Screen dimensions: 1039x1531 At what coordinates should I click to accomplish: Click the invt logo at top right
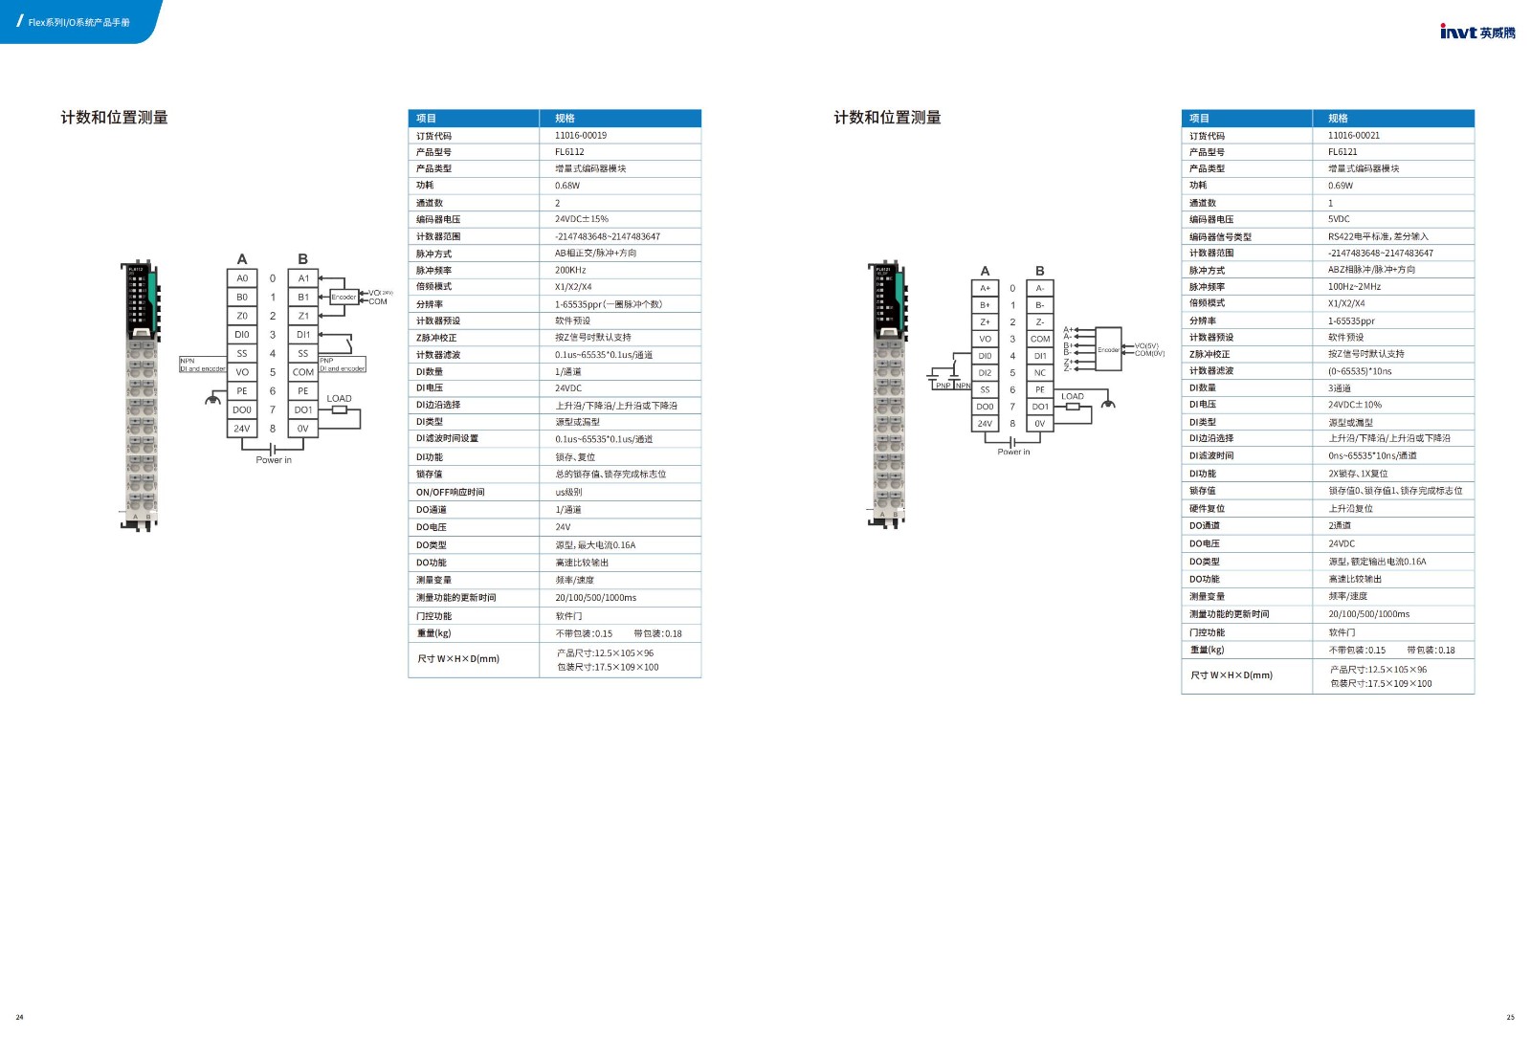[x=1476, y=32]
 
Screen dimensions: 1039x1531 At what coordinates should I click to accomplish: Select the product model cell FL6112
[x=569, y=152]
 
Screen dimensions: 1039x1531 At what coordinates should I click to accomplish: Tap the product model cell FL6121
[x=1342, y=152]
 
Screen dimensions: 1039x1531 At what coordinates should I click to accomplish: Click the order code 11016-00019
[x=580, y=136]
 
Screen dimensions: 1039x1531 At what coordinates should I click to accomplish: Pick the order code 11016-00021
[x=1353, y=136]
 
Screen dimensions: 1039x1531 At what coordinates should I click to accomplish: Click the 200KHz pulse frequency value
[x=570, y=271]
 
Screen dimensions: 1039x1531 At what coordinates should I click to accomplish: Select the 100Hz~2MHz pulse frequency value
[x=1354, y=287]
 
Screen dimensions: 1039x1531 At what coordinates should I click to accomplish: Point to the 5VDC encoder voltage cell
[x=1339, y=219]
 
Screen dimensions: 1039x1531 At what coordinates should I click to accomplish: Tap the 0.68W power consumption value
[x=567, y=186]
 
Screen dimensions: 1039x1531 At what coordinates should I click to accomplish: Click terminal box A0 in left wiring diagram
[x=242, y=278]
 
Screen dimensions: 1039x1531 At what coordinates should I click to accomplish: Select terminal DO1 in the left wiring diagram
[x=303, y=409]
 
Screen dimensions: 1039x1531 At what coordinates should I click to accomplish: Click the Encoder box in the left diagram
[x=344, y=298]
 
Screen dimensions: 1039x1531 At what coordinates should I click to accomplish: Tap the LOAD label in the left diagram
[x=339, y=398]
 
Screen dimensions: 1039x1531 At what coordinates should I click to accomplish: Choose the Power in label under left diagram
[x=274, y=460]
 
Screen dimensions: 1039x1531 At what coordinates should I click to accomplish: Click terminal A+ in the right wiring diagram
[x=985, y=288]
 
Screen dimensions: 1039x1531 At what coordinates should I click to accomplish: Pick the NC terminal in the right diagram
[x=1039, y=373]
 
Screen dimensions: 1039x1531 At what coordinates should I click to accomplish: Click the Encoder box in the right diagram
[x=1108, y=350]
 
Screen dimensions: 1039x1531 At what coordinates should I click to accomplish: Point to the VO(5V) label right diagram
[x=1146, y=346]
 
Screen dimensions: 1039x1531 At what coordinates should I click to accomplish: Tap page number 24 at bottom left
[x=19, y=1017]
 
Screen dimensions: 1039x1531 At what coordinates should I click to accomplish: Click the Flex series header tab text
[x=78, y=22]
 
